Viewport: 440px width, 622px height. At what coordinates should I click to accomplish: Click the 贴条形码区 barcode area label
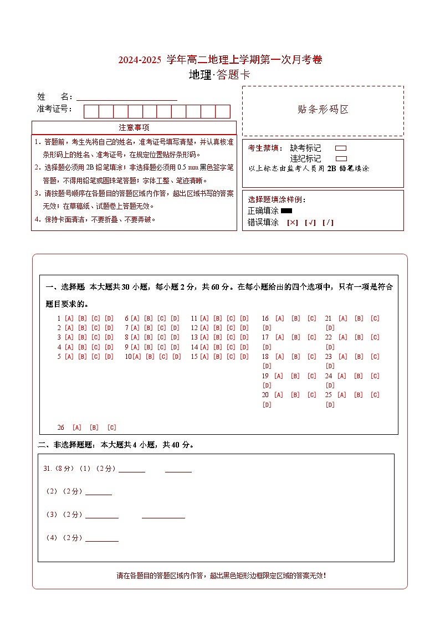[323, 110]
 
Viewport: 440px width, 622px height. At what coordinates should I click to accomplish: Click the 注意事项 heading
[134, 127]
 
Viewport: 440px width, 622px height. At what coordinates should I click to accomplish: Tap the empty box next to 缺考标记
[341, 148]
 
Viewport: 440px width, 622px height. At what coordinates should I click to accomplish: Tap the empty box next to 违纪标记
[341, 158]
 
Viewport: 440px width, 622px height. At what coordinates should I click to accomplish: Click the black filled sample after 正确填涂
[286, 211]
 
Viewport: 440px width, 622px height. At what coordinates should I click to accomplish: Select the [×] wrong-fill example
[292, 223]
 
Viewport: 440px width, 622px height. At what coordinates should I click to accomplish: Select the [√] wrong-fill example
[310, 223]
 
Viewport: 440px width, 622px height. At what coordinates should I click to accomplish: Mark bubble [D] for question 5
[109, 357]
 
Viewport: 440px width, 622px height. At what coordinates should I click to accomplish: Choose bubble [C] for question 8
[162, 337]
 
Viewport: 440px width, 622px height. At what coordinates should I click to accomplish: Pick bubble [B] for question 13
[218, 337]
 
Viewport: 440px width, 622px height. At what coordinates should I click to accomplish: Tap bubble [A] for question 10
[137, 357]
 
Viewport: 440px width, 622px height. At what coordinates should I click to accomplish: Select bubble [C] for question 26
[111, 428]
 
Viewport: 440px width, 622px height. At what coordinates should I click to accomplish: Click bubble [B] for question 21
[359, 318]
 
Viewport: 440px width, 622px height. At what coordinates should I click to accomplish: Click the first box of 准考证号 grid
[91, 111]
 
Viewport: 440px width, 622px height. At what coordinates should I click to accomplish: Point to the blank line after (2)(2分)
[98, 492]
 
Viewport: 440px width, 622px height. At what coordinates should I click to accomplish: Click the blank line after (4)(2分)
[101, 539]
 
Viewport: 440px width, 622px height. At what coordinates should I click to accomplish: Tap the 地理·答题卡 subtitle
[219, 75]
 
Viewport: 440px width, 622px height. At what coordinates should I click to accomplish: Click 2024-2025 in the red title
[139, 60]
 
